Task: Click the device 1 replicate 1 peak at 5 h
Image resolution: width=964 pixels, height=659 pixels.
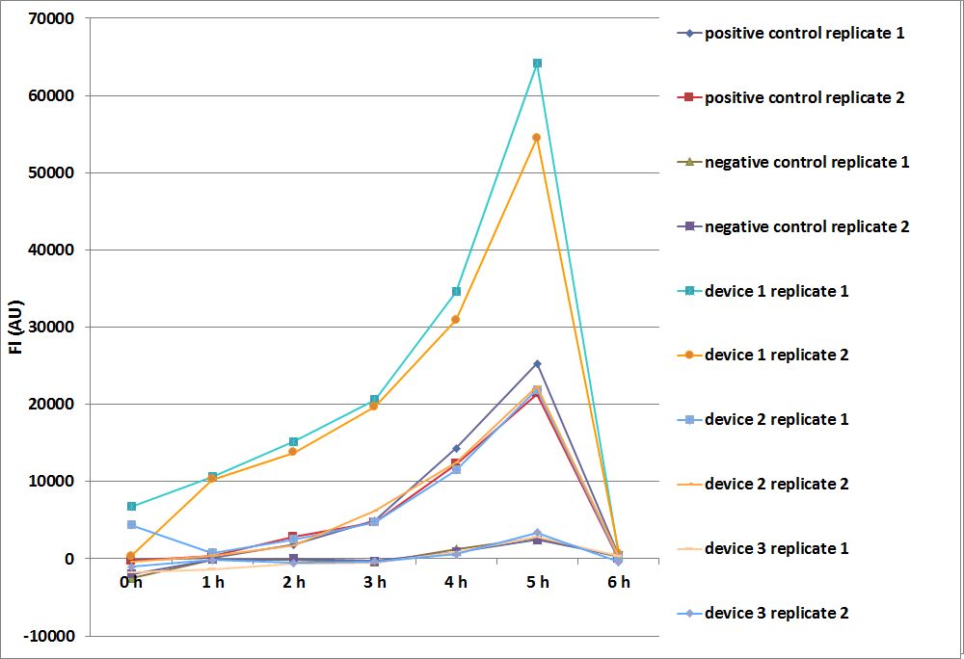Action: [x=537, y=64]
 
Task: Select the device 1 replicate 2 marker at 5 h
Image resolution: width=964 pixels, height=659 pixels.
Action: [x=537, y=138]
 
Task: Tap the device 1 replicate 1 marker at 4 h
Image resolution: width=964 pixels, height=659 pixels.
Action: [x=456, y=291]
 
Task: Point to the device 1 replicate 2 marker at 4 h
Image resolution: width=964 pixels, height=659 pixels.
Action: [x=456, y=320]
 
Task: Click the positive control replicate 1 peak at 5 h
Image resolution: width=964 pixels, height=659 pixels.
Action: [x=537, y=364]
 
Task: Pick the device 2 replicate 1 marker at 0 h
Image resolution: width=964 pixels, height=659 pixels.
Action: [x=131, y=524]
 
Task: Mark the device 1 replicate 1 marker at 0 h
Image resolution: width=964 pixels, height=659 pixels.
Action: [x=131, y=506]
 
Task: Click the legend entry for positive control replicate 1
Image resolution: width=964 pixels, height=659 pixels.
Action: [x=804, y=34]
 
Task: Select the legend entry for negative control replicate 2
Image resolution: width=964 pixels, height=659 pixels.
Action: [x=807, y=226]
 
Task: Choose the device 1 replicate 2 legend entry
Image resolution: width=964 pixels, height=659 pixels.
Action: [x=776, y=356]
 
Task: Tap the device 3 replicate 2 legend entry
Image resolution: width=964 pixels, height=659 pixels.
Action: [x=776, y=613]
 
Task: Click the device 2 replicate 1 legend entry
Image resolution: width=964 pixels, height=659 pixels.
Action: [x=776, y=420]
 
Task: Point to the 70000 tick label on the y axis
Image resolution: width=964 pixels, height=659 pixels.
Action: [x=55, y=18]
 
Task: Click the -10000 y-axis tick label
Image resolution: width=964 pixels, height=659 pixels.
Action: [x=52, y=636]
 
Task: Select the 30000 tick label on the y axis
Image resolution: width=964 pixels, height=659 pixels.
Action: [x=55, y=327]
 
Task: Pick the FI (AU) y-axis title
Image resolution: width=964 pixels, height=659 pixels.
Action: [x=17, y=328]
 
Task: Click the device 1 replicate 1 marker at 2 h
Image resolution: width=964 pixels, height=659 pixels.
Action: [x=294, y=442]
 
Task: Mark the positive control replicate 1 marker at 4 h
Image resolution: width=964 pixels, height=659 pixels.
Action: [x=456, y=448]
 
